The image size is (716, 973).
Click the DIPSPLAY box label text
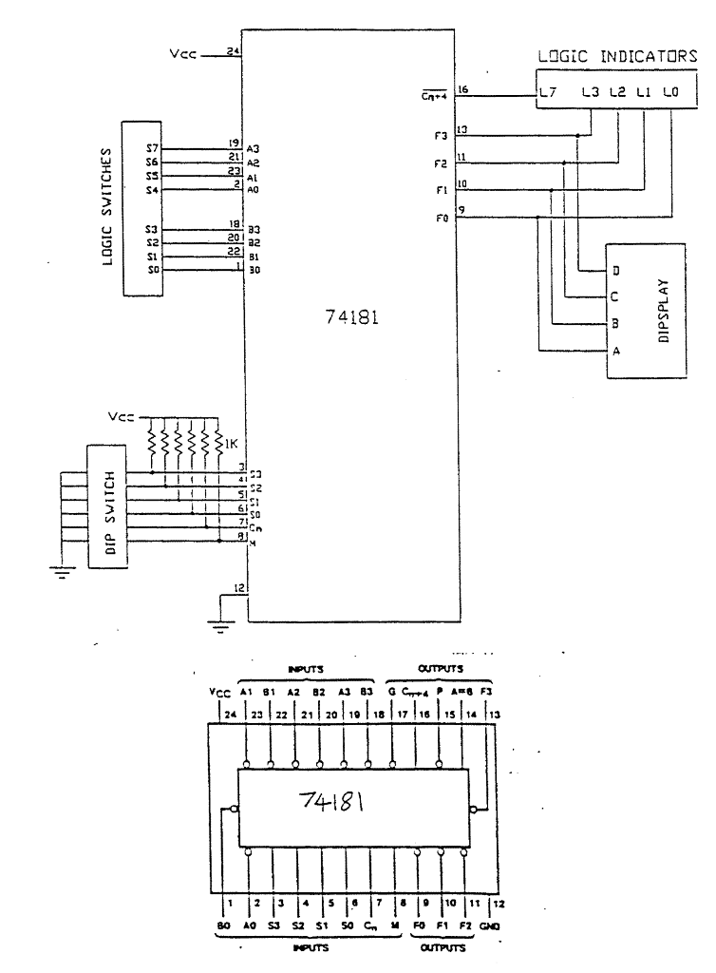(x=664, y=311)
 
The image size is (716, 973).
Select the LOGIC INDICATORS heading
(x=617, y=56)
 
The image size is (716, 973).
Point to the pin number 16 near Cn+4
(x=464, y=89)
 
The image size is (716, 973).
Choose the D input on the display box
(x=616, y=271)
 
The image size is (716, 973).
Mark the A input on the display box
(x=616, y=351)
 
